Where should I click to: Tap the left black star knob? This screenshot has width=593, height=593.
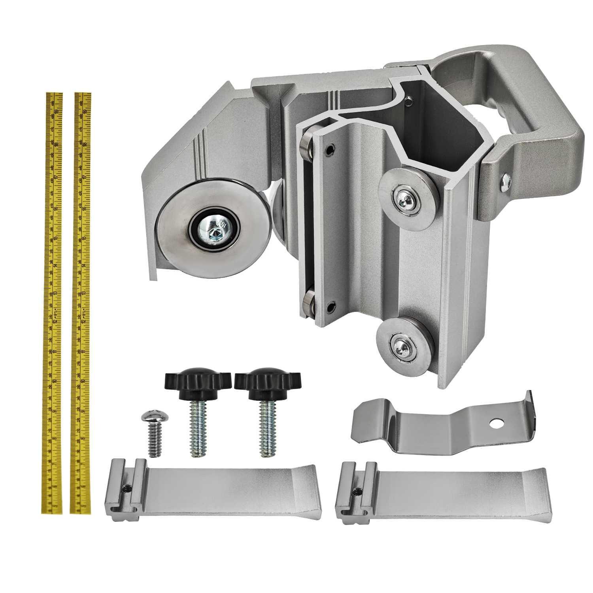coord(197,380)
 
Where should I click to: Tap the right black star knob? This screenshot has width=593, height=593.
coord(268,380)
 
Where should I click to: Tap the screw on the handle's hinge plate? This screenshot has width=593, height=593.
coord(506,182)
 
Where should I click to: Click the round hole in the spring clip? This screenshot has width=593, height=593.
coord(497,424)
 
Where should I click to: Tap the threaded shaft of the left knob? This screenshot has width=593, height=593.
coord(198,429)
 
